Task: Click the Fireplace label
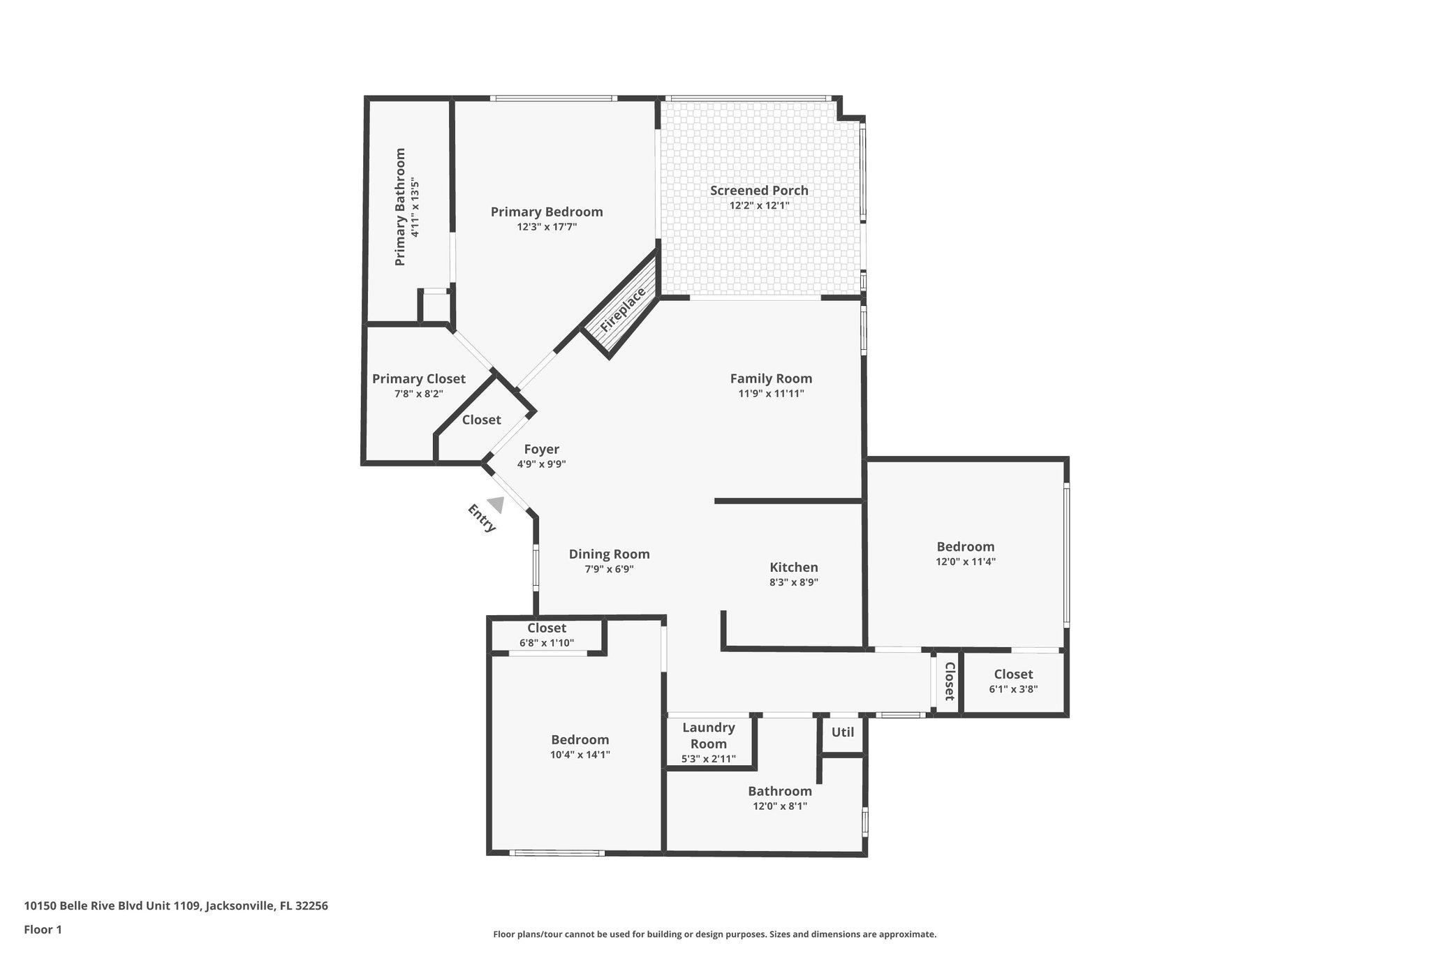(x=623, y=309)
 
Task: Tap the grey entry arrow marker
(x=496, y=504)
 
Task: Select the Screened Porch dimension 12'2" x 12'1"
(x=759, y=205)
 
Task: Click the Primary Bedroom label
(x=547, y=212)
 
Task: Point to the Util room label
(x=843, y=732)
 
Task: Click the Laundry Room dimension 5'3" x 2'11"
(x=709, y=759)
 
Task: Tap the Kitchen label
(x=794, y=568)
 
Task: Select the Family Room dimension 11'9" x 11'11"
(x=771, y=394)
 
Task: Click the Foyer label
(x=542, y=450)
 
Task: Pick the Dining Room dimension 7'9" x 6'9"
(x=609, y=569)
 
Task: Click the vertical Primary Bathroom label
(x=400, y=207)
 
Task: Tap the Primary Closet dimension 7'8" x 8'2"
(x=418, y=394)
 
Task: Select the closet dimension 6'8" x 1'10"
(x=547, y=642)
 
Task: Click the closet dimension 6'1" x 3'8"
(x=1013, y=689)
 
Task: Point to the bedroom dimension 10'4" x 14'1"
(x=580, y=755)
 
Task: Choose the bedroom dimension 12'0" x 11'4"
(x=966, y=561)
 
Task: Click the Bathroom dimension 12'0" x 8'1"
(x=779, y=806)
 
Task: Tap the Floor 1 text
(x=43, y=929)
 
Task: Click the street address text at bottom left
(x=176, y=906)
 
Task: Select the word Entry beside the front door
(x=481, y=518)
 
